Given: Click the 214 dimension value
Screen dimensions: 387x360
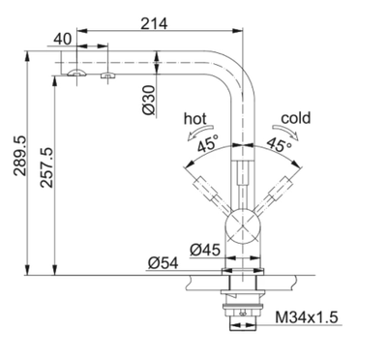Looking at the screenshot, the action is [x=154, y=23].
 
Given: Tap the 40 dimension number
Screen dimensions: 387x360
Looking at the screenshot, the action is [x=63, y=40].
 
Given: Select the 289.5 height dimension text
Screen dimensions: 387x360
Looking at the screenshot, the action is [x=20, y=156].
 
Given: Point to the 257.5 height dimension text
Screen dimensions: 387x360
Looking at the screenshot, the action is [x=46, y=167].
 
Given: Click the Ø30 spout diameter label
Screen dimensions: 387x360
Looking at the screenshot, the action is [x=149, y=101].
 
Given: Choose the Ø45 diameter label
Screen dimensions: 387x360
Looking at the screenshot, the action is [x=205, y=250].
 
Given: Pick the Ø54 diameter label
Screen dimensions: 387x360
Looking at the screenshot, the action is [x=164, y=263].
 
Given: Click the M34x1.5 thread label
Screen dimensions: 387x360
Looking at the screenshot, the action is [x=307, y=317].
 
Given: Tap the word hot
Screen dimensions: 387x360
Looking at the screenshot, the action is [x=194, y=119].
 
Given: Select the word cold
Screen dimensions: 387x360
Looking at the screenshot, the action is [x=296, y=118].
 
